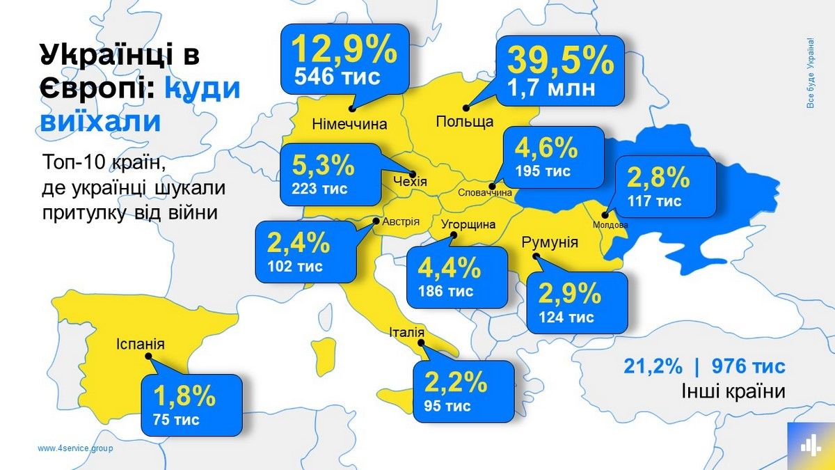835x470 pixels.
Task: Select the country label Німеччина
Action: (349, 125)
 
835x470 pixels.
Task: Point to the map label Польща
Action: (464, 122)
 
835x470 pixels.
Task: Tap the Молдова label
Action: (610, 225)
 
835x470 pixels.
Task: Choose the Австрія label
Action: (400, 221)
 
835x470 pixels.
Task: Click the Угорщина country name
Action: (468, 225)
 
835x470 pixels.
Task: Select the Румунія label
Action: (549, 242)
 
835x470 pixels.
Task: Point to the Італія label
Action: (406, 332)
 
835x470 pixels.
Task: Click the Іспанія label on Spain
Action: (141, 343)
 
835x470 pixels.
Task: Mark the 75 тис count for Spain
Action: (176, 419)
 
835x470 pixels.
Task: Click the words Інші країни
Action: (733, 392)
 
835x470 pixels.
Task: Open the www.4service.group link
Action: (75, 448)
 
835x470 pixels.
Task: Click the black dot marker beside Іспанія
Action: (148, 356)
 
